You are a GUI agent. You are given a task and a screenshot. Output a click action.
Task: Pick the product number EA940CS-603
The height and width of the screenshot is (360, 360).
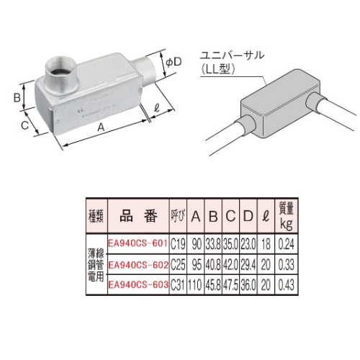pos(137,284)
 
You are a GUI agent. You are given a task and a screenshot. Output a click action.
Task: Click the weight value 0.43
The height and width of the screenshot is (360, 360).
pos(266,284)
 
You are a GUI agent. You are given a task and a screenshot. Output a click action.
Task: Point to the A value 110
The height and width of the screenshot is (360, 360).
pos(196,284)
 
